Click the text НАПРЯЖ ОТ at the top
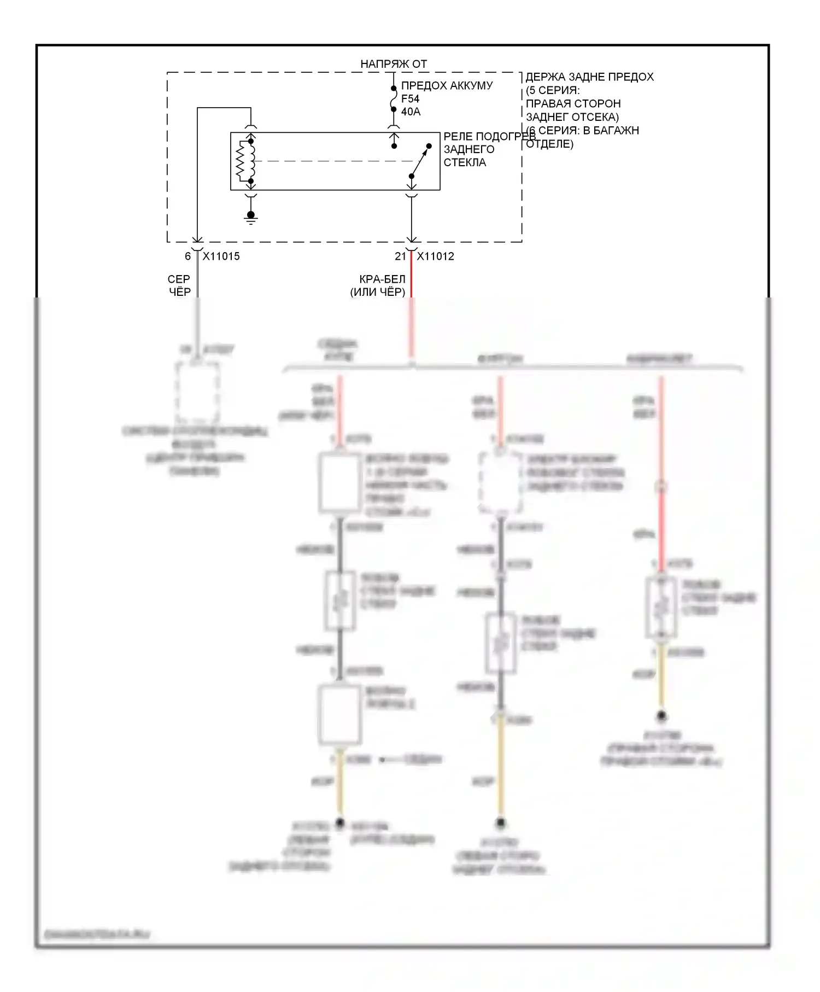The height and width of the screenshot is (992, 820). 393,64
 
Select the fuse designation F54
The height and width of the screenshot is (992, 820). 410,99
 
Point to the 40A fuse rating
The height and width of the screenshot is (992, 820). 411,112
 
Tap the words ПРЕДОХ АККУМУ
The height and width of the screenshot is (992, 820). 447,86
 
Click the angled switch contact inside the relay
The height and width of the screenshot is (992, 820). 420,161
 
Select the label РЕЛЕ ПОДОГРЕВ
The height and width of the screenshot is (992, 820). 489,136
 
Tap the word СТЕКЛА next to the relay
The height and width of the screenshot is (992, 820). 465,162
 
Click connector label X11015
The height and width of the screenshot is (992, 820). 221,256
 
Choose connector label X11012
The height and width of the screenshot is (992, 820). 435,256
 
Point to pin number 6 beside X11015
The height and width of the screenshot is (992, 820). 188,256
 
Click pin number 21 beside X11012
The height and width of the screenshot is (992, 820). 401,256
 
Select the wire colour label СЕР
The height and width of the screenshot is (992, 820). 179,279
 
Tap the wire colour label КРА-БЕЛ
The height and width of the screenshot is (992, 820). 382,279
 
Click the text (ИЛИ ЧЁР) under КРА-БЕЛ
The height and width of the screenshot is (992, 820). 378,292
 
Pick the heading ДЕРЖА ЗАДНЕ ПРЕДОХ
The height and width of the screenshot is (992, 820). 589,77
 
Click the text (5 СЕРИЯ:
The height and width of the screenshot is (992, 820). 553,90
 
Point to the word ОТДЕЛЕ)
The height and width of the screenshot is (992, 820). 549,144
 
